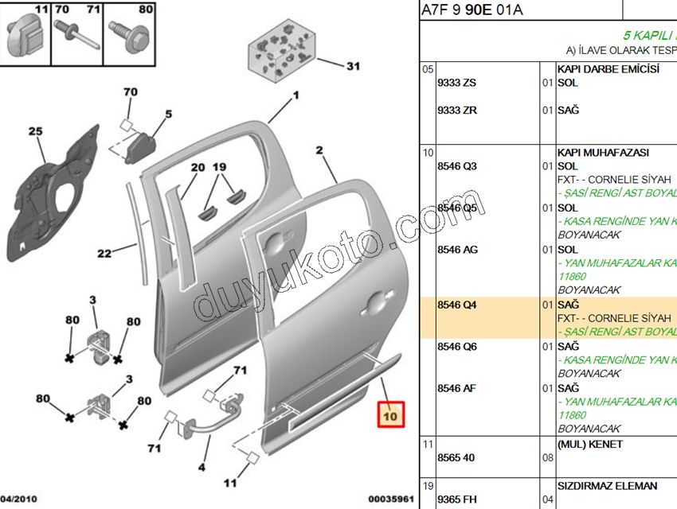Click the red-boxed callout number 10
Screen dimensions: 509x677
[x=391, y=415]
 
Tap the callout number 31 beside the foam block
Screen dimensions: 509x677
[x=353, y=67]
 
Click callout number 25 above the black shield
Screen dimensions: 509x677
[x=35, y=131]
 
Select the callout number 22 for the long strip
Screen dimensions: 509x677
[x=104, y=254]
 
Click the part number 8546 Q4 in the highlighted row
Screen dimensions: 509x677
[x=458, y=305]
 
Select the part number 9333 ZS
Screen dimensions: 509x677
[x=457, y=83]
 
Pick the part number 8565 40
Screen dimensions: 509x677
[x=457, y=458]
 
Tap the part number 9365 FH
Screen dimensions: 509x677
[x=458, y=499]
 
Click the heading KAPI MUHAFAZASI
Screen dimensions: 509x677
[x=603, y=152]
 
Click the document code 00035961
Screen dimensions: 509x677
[x=390, y=499]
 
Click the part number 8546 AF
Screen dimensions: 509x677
[x=458, y=388]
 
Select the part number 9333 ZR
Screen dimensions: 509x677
[x=457, y=110]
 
